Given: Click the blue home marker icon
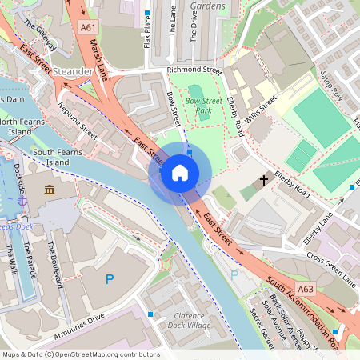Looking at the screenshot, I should (180, 173).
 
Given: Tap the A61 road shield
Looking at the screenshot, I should (89, 27).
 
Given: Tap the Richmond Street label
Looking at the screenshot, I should (193, 70).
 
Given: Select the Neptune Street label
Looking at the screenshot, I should (78, 127).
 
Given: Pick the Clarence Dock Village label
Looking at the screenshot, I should (190, 321).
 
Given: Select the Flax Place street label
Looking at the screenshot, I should (147, 34).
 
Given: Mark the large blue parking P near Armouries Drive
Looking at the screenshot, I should (110, 279).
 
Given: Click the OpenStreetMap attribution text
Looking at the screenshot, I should (80, 354).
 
